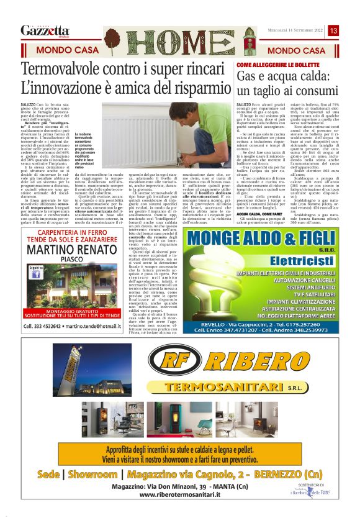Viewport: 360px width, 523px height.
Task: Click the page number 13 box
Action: click(x=333, y=30)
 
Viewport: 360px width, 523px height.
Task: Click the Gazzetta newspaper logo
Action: click(x=45, y=30)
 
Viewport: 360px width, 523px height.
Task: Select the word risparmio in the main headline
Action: click(x=194, y=88)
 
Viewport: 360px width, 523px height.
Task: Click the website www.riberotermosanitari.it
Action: click(x=180, y=494)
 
